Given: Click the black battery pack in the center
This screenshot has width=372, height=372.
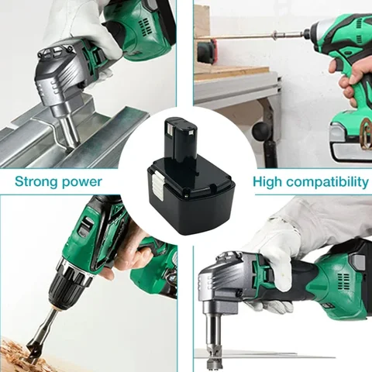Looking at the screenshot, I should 187,186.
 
